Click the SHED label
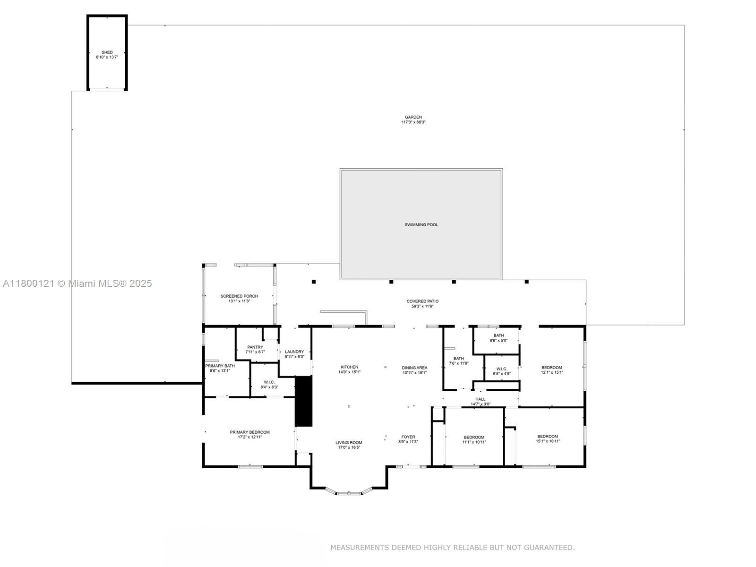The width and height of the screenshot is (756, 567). point(107,52)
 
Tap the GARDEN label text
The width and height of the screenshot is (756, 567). point(413,117)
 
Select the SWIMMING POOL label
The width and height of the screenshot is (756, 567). point(421,225)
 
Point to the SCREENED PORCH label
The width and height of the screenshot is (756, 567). point(239,296)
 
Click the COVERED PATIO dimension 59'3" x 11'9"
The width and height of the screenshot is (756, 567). point(422,306)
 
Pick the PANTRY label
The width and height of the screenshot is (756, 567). point(255,347)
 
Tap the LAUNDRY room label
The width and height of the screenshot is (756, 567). point(294,352)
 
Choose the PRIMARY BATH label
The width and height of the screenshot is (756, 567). point(220,366)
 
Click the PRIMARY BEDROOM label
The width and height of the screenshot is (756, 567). point(249,432)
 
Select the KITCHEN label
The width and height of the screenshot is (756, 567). point(349,367)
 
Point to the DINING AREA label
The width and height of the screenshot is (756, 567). point(414,368)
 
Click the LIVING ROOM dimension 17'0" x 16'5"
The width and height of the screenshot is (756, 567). point(349,447)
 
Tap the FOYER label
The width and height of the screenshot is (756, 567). point(408,437)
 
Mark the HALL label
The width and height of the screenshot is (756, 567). point(481,399)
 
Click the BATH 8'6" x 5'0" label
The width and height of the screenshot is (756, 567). point(498,338)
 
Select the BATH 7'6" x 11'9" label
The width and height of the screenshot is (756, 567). point(459,361)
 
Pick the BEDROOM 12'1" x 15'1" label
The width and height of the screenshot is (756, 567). point(552,370)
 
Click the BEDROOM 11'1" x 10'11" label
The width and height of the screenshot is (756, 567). point(474,439)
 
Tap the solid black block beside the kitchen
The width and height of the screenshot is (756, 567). point(303,401)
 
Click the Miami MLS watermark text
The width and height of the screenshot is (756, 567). point(77,283)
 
